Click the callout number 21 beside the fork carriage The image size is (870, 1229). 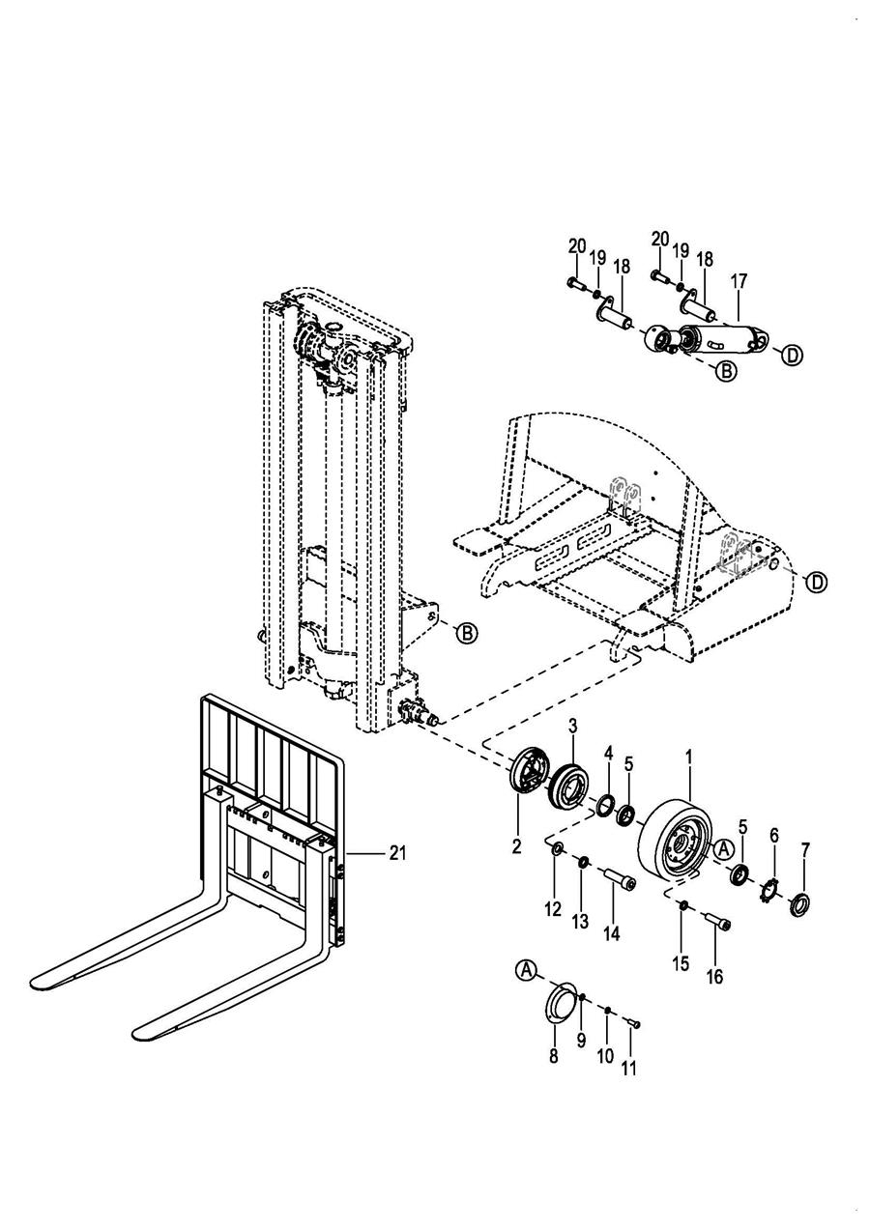coord(397,853)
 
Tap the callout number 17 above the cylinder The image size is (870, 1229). coord(739,281)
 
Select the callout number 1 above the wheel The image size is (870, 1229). coord(689,757)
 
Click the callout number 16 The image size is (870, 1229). coord(715,976)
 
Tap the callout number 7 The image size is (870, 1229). coord(805,850)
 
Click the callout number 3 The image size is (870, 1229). coord(572,727)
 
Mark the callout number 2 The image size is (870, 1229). coord(516,845)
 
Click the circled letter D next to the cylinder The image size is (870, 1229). coord(792,356)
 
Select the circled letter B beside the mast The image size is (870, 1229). coord(467,633)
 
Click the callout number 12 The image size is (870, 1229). coord(553,909)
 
